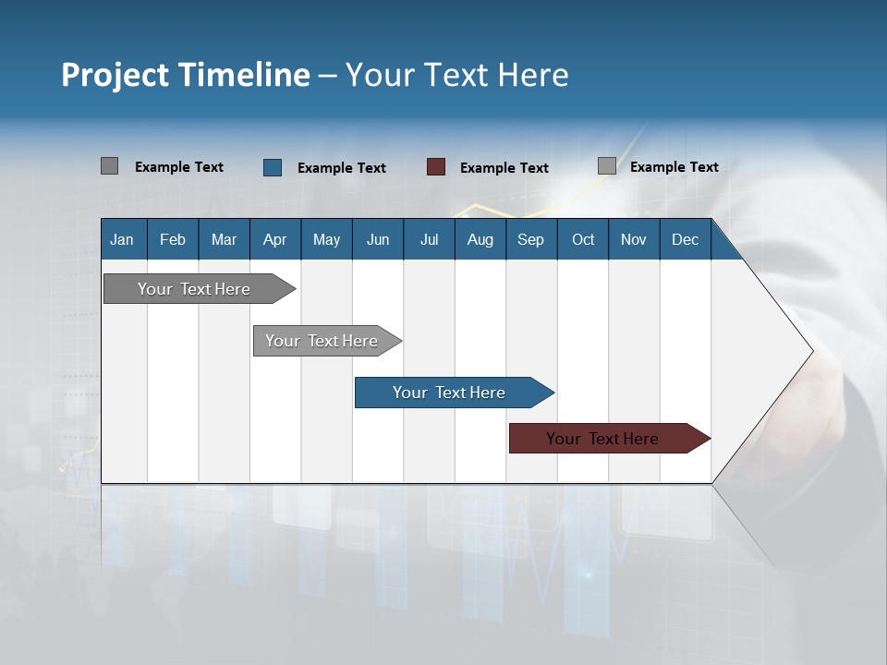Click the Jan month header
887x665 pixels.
122,239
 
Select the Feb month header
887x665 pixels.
173,239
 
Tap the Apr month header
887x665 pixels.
274,239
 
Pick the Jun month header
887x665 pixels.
378,239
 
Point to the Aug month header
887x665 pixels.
480,239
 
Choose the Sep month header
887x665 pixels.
530,239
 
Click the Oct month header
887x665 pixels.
583,239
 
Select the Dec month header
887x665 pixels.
685,239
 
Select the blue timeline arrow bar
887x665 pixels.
450,393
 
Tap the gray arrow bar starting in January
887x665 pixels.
195,289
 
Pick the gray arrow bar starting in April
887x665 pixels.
322,341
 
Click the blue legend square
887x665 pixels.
273,167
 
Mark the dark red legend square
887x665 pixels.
436,167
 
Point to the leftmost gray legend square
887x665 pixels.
109,166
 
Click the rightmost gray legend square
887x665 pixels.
607,166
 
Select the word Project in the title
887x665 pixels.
115,75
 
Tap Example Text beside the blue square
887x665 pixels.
342,168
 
